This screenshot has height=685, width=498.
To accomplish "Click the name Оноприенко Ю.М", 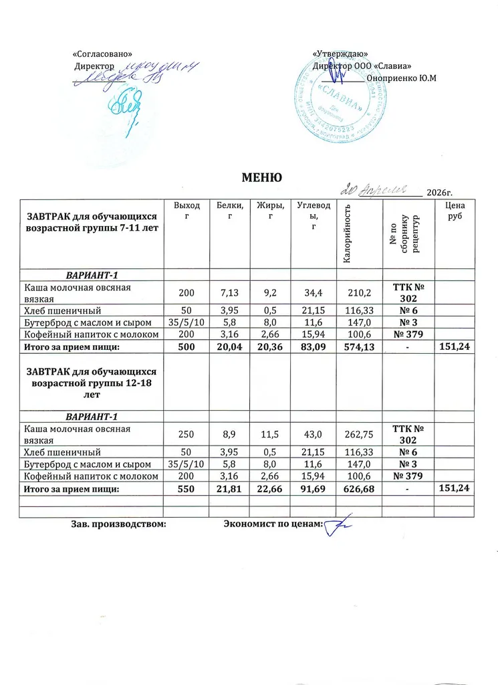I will click(x=401, y=78).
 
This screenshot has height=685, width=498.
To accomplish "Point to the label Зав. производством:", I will click(x=118, y=525).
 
